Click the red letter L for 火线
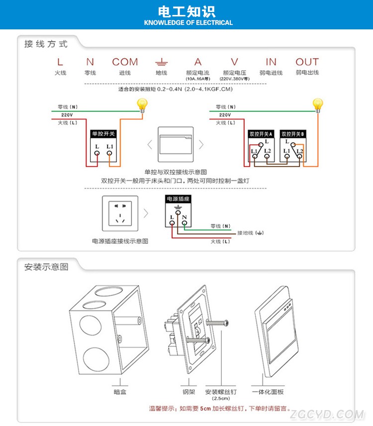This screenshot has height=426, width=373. click(x=60, y=62)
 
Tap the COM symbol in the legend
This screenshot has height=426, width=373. click(x=125, y=62)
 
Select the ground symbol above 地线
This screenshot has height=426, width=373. click(x=161, y=62)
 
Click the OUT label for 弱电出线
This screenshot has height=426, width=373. click(x=307, y=62)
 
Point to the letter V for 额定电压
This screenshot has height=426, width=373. click(x=234, y=62)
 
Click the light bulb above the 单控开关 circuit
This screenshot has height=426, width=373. click(x=143, y=105)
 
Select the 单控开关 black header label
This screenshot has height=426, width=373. click(x=103, y=134)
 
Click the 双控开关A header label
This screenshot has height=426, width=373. click(x=261, y=134)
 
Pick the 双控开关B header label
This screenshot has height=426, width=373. click(x=293, y=134)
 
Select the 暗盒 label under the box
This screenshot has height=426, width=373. click(x=120, y=392)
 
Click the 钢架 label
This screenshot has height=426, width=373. click(x=188, y=392)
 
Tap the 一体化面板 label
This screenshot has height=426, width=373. click(x=268, y=392)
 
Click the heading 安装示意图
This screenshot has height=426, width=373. click(x=46, y=267)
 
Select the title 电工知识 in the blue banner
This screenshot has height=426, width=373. click(x=186, y=11)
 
